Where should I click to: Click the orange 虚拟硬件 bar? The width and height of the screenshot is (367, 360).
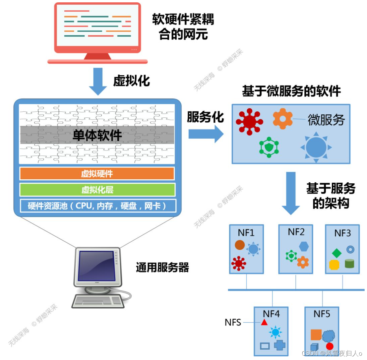pos(97,173)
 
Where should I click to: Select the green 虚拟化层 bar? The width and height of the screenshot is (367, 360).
pos(97,189)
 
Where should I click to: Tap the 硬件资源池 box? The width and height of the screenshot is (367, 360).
pos(97,206)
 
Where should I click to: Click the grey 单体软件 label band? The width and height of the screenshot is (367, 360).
pos(97,135)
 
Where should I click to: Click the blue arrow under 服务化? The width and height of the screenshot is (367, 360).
pos(206,134)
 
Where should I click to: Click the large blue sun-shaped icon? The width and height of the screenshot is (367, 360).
pos(316,147)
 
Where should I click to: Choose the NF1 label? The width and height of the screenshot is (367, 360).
pos(246,233)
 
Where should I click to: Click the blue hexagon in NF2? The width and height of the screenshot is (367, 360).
pos(304,246)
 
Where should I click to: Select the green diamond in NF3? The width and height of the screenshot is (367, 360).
pos(337,253)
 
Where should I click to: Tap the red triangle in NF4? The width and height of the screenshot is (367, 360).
pos(264,322)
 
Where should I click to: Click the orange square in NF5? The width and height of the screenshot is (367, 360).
pos(316,335)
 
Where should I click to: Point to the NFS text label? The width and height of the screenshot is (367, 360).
pos(233,322)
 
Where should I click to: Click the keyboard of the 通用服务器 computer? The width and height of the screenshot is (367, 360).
pos(97,300)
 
